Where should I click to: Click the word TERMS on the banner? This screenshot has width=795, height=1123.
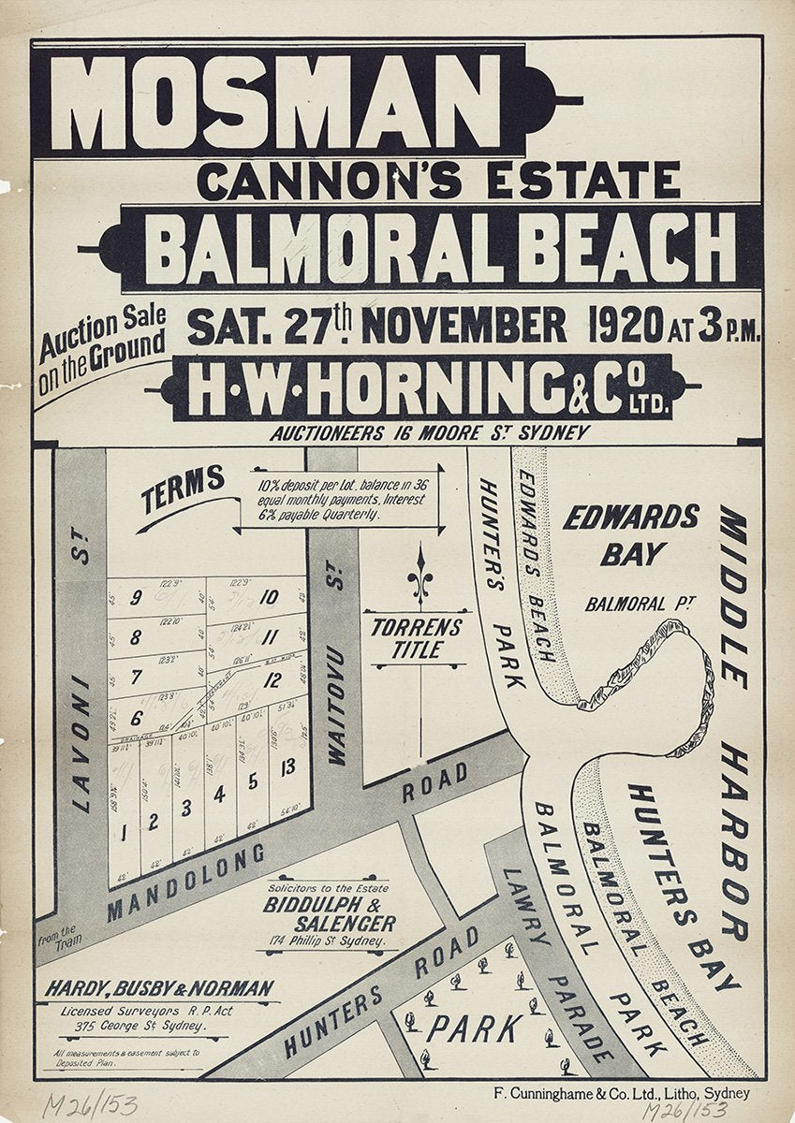point(184,489)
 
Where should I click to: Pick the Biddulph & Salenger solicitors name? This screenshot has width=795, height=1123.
point(329,913)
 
